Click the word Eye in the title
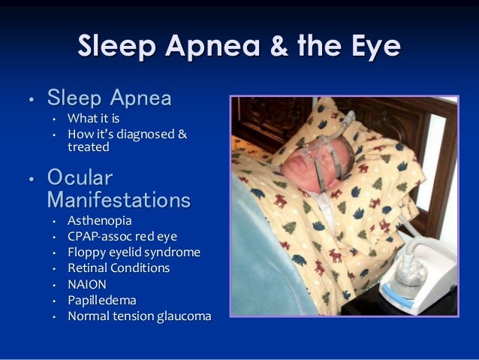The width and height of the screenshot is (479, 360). [x=376, y=48]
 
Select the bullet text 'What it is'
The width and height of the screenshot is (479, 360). [x=93, y=118]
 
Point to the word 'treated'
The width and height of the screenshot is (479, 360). [x=88, y=147]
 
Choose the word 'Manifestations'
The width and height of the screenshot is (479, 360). [x=118, y=201]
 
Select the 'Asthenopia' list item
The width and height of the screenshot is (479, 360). [x=99, y=221]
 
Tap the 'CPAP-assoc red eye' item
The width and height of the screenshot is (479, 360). [x=122, y=237]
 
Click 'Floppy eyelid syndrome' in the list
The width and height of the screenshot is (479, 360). [x=134, y=253]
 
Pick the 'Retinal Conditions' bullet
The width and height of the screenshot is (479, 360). [x=119, y=268]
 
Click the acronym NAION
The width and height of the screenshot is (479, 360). [x=87, y=284]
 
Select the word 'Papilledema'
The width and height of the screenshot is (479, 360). [x=102, y=300]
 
